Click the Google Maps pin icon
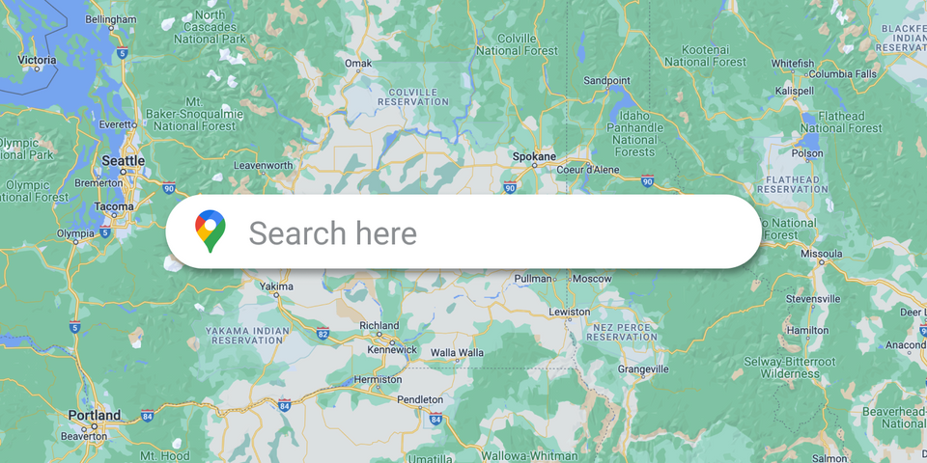210,231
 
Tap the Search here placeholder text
333,232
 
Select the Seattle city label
124,161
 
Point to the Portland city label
95,416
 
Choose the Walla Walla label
457,353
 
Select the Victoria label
37,60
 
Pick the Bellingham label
111,19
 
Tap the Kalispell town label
795,91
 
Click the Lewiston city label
569,313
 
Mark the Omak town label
357,64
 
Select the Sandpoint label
605,80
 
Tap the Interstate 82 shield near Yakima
322,334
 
